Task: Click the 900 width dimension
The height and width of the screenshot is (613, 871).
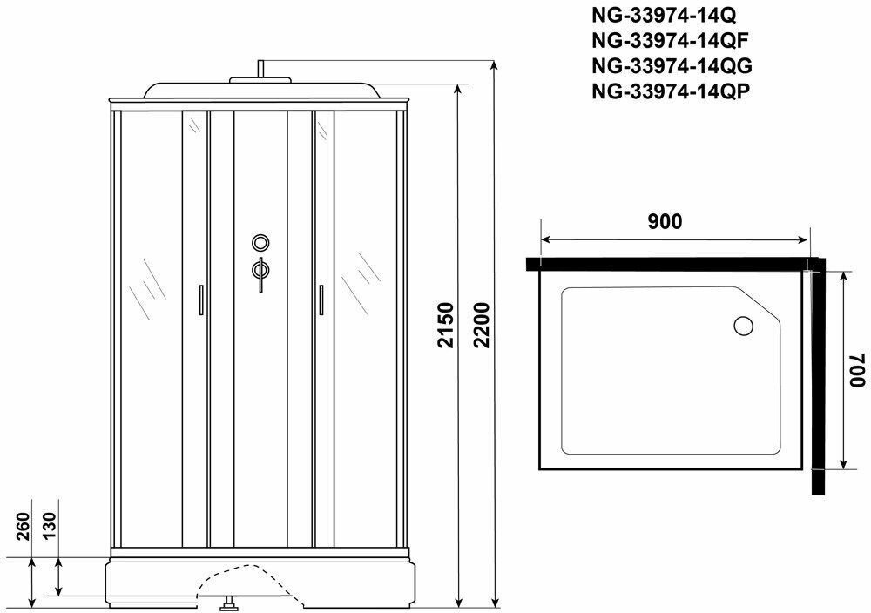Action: (x=665, y=221)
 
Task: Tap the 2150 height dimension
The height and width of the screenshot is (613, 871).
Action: (x=445, y=325)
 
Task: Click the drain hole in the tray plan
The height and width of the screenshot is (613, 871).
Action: (x=744, y=327)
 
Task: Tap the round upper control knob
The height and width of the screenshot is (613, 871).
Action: (x=260, y=243)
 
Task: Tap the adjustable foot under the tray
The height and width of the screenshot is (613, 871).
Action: (x=231, y=601)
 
